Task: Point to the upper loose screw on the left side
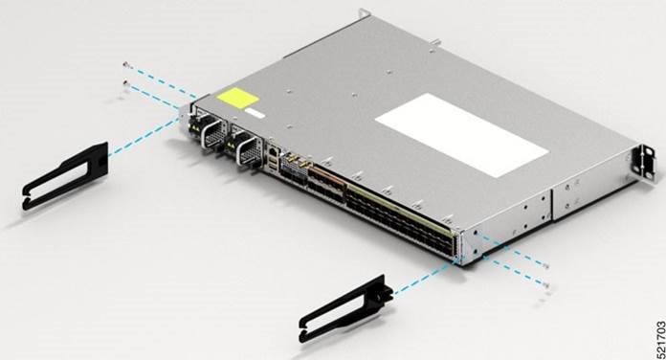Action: pyautogui.click(x=126, y=64)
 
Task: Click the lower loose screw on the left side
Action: pyautogui.click(x=126, y=84)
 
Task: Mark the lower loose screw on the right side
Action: pyautogui.click(x=545, y=284)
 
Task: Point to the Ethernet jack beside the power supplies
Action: pyautogui.click(x=275, y=154)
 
